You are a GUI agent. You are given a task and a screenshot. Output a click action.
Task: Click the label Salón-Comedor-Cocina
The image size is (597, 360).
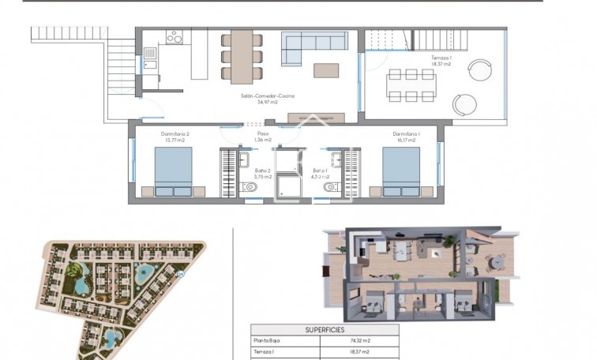(x=268, y=96)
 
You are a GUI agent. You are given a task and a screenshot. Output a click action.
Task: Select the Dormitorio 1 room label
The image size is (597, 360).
(x=406, y=134)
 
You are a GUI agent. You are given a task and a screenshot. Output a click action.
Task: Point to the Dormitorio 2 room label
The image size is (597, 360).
(x=175, y=134)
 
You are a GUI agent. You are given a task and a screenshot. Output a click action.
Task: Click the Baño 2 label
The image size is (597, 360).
(x=263, y=170)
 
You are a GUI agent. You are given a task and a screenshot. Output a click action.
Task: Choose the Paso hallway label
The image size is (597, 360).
(x=264, y=134)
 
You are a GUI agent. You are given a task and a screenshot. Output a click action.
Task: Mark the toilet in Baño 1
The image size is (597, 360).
(x=330, y=187)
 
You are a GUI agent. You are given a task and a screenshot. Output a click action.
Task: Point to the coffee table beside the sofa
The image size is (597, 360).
(x=326, y=70)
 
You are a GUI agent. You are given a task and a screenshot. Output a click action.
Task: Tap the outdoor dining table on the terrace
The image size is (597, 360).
(x=411, y=84)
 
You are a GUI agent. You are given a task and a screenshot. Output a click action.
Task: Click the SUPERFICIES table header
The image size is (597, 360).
(x=325, y=330)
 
